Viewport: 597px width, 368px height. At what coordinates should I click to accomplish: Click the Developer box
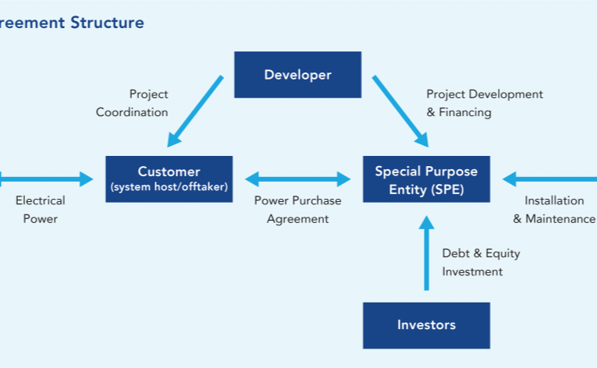[298, 75]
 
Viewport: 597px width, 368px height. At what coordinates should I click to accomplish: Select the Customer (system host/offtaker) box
[169, 179]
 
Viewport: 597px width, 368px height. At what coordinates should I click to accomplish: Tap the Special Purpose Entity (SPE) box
[426, 179]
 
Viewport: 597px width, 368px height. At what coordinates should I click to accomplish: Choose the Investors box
[426, 325]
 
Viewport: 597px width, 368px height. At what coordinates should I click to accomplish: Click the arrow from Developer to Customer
[195, 111]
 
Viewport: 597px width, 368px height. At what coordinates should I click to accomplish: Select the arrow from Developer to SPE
[400, 111]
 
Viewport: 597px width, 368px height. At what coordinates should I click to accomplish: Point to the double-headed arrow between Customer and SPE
[298, 179]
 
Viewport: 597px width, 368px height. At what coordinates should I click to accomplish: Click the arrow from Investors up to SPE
[426, 253]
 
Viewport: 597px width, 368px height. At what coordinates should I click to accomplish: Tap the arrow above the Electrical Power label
[47, 179]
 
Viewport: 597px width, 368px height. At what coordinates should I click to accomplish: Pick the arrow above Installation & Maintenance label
[549, 179]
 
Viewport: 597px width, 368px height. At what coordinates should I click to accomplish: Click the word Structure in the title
[108, 23]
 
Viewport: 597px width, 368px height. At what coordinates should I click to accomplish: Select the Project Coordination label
[132, 103]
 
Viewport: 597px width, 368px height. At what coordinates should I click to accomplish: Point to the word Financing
[465, 112]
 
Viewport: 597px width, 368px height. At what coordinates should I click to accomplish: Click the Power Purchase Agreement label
[298, 210]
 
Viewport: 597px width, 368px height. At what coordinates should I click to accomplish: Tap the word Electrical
[41, 200]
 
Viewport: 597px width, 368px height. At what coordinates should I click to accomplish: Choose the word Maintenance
[560, 219]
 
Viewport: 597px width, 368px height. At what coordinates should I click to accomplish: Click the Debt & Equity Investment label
[481, 263]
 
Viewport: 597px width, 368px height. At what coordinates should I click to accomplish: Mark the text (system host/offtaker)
[169, 187]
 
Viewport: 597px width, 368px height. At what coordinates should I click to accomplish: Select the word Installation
[554, 200]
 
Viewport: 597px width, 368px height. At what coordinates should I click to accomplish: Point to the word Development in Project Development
[506, 94]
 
